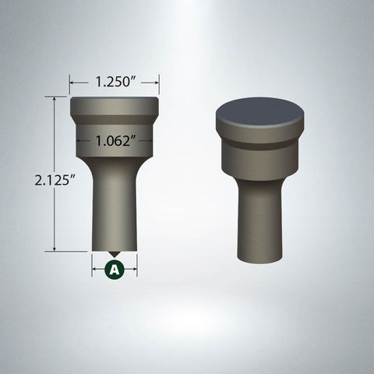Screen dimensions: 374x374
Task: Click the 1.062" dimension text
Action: pyautogui.click(x=115, y=141)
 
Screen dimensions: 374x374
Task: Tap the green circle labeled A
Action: pyautogui.click(x=114, y=270)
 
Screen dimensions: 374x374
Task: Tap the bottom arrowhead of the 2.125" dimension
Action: pyautogui.click(x=55, y=249)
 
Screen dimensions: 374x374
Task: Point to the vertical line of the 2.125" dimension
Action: pyautogui.click(x=55, y=210)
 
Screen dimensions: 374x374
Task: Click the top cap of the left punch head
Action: pyautogui.click(x=115, y=104)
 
